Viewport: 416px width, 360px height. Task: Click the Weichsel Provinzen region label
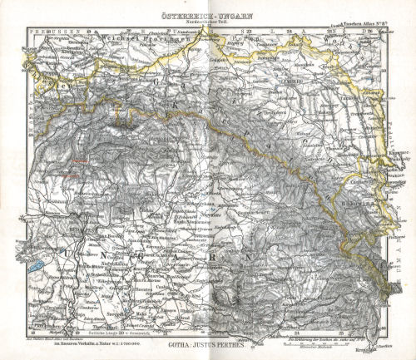(125, 39)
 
